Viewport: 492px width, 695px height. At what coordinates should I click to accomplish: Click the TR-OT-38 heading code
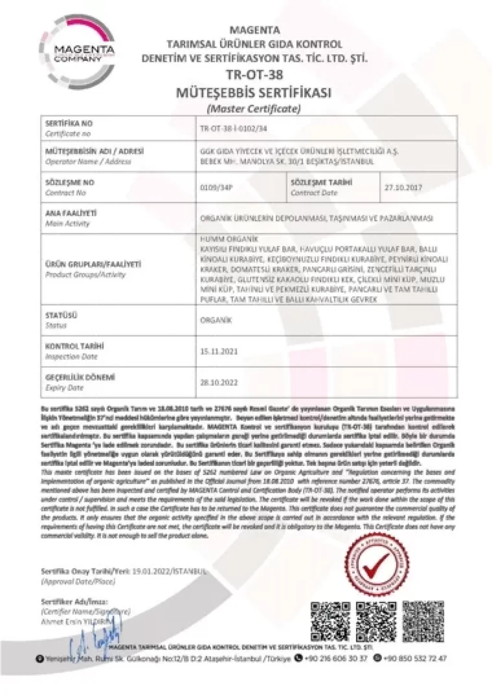pos(254,75)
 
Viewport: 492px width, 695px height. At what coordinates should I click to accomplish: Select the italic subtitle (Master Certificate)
pos(253,109)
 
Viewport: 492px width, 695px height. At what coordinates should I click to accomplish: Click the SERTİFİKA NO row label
pos(69,123)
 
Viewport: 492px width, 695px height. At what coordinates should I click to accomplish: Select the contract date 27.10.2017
pos(403,187)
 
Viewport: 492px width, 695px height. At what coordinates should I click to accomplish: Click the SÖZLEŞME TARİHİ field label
pos(321,183)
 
